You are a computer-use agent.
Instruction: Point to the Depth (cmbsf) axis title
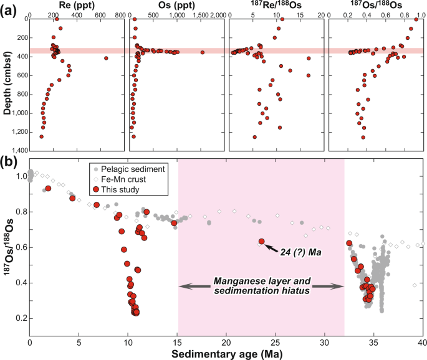(8, 84)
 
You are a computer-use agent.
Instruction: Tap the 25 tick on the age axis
(275, 342)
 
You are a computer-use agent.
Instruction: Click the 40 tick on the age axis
(421, 342)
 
